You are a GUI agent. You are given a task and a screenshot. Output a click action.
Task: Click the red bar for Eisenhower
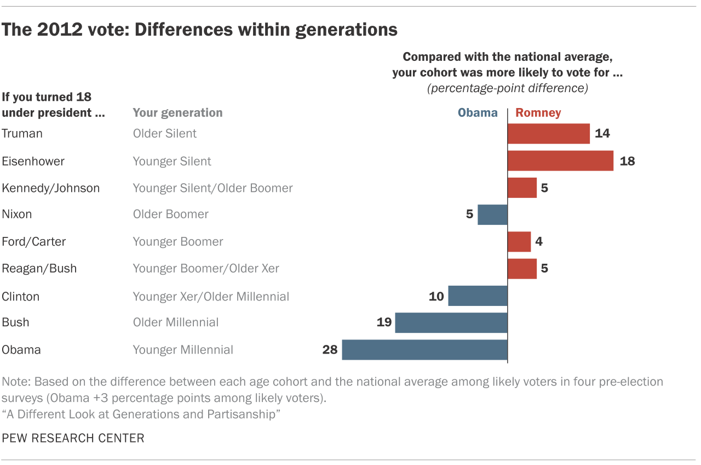pos(560,161)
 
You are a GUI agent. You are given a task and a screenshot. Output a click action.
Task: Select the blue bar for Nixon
pos(492,214)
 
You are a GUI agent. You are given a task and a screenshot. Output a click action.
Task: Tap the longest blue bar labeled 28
pos(424,350)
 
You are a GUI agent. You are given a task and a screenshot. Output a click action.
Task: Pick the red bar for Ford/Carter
pos(519,241)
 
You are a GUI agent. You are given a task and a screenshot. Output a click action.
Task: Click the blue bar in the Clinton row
pos(478,296)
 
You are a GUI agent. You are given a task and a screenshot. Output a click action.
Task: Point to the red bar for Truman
pos(549,133)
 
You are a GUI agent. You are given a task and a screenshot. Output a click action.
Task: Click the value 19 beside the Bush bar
pos(384,322)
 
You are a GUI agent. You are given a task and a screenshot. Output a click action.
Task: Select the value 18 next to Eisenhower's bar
pos(627,161)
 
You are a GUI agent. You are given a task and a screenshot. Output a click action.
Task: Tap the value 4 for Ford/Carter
pos(539,241)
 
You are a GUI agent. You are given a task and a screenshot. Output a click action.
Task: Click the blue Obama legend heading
pos(478,113)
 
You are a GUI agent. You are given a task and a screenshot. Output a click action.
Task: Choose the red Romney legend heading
pos(538,113)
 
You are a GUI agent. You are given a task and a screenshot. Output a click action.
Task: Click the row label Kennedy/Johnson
pos(51,188)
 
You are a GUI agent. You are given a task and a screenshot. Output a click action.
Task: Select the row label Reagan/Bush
pos(39,269)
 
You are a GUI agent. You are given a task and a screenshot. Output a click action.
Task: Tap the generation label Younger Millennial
pos(183,350)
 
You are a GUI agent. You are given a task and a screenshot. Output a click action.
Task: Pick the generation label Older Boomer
pos(171,214)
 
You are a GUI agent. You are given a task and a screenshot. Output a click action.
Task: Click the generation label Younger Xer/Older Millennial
pos(211,297)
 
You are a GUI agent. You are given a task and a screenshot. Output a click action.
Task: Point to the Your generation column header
pos(177,113)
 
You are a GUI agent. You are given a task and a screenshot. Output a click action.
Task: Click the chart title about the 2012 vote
pos(199,29)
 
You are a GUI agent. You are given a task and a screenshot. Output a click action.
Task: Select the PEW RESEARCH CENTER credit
pos(73,438)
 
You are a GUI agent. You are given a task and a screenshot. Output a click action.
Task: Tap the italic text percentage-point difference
pos(508,88)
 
